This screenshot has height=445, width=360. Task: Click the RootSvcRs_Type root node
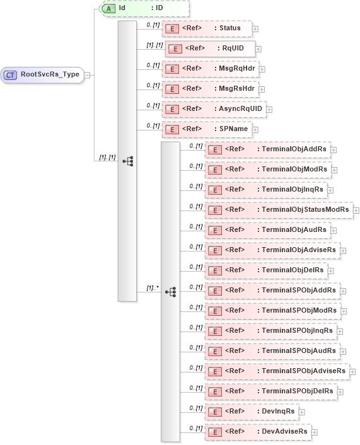[x=42, y=74]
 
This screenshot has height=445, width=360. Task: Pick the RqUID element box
[x=209, y=49]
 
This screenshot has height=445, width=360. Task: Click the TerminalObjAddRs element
[x=268, y=149]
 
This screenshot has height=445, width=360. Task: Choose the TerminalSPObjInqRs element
[x=270, y=331]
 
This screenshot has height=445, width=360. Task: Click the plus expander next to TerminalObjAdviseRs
[x=343, y=250]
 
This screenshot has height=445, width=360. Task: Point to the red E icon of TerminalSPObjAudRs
[x=215, y=351]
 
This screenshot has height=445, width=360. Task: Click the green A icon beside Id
[x=108, y=8]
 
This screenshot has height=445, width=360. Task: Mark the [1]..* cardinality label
[x=151, y=288]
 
